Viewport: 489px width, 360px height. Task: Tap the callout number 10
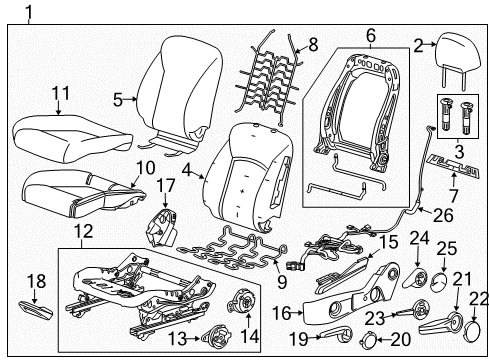coord(145,168)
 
